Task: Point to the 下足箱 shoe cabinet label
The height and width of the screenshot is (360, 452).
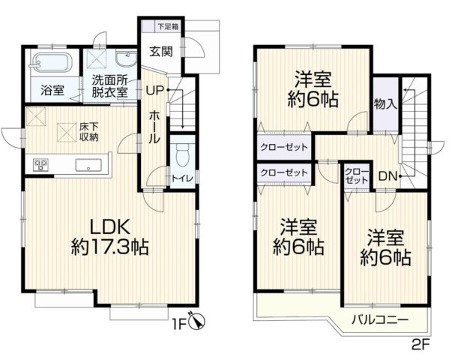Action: click(168, 27)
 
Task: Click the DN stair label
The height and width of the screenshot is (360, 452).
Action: click(387, 177)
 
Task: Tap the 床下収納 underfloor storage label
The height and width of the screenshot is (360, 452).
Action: click(88, 132)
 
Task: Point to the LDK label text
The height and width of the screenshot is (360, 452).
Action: click(111, 226)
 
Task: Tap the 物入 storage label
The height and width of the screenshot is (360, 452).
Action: click(385, 103)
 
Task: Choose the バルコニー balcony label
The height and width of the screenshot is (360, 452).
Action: click(381, 320)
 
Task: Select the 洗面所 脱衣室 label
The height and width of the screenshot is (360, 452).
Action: click(110, 85)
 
